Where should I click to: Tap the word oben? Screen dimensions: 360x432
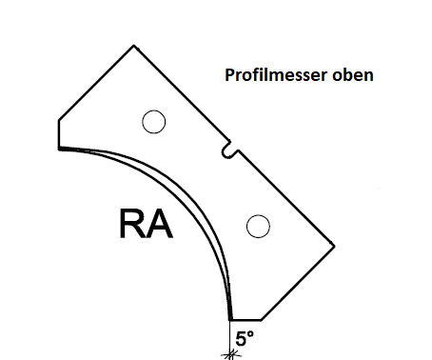click(349, 73)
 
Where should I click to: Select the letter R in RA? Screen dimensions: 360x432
click(133, 225)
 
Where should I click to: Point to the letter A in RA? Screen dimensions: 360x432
click(159, 225)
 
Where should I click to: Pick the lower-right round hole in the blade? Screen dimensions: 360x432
click(256, 226)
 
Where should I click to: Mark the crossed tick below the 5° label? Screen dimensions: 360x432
click(229, 353)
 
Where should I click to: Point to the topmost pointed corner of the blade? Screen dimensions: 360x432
click(130, 44)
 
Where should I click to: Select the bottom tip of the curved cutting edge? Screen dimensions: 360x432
click(230, 320)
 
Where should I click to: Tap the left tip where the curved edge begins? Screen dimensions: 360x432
click(59, 149)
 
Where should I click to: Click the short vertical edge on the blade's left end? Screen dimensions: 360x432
click(59, 133)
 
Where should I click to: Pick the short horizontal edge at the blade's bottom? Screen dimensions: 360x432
click(246, 321)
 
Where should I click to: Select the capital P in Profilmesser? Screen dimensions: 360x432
click(228, 73)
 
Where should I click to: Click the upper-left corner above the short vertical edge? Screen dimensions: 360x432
click(59, 119)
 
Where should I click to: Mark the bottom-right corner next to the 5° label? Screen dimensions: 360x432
click(262, 321)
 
